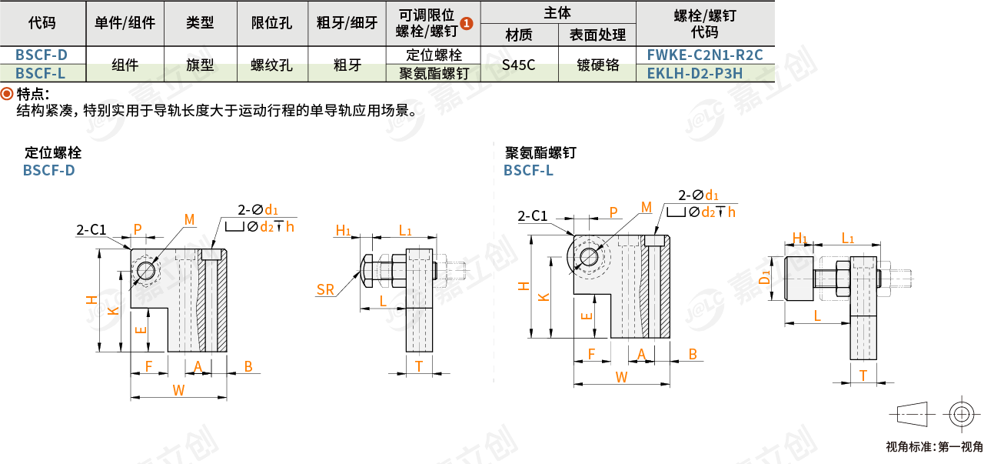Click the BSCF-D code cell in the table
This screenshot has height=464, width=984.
[42, 55]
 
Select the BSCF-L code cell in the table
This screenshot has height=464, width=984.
[41, 73]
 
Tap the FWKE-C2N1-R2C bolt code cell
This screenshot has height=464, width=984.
[705, 55]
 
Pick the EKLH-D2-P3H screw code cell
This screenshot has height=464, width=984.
[695, 73]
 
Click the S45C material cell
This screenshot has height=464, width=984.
[518, 65]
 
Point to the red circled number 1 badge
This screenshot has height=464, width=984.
[467, 24]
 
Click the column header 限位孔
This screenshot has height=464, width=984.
[271, 23]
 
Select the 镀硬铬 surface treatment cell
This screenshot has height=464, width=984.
[598, 65]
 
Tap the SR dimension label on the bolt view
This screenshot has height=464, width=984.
[325, 289]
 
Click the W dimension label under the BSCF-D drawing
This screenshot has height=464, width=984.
[178, 390]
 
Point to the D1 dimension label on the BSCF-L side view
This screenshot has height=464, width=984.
[765, 278]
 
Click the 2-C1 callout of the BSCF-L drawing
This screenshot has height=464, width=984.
[533, 216]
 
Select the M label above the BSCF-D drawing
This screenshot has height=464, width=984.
[189, 219]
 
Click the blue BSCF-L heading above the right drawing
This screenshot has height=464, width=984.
[528, 170]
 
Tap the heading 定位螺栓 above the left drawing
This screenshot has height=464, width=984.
[53, 152]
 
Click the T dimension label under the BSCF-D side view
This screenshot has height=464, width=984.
[419, 366]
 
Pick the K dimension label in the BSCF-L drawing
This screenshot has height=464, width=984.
[544, 297]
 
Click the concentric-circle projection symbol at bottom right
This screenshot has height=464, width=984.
[962, 414]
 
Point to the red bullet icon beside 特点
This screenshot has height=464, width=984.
[7, 94]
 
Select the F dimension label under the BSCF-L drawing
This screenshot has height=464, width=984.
[591, 354]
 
